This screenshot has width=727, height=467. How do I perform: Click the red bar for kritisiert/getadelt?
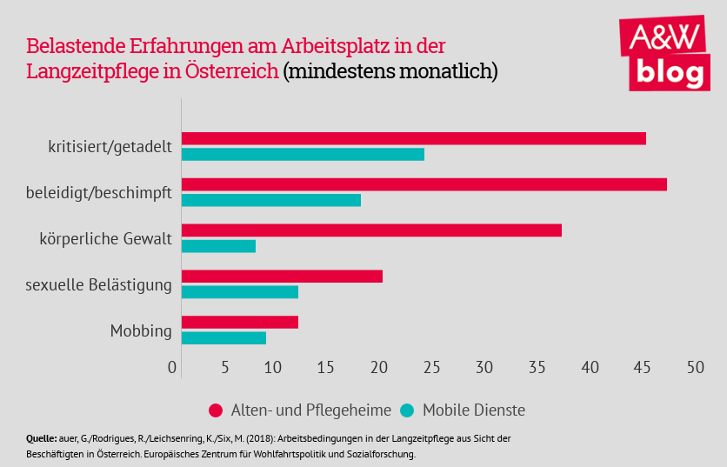click(x=414, y=138)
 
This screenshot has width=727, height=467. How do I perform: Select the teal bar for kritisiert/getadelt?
click(x=303, y=154)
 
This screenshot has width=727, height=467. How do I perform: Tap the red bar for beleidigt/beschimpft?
click(x=424, y=184)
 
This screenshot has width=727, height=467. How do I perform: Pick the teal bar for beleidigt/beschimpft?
click(x=271, y=200)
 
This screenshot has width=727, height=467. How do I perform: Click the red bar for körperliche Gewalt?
click(x=371, y=230)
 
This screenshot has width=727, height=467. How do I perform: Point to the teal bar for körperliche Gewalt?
click(x=218, y=246)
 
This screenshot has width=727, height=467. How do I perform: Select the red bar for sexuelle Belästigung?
click(x=282, y=277)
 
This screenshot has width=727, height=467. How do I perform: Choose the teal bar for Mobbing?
click(x=223, y=337)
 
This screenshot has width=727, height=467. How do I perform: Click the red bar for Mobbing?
click(x=240, y=322)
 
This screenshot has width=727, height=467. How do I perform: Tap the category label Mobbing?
click(x=141, y=330)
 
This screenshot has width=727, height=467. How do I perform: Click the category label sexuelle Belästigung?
click(x=98, y=284)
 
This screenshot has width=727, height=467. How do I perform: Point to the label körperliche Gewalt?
click(x=105, y=238)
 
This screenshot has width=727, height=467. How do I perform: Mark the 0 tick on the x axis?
click(x=173, y=368)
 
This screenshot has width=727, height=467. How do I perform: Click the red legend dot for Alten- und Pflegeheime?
click(x=214, y=410)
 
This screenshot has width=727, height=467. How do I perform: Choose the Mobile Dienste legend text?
click(x=473, y=410)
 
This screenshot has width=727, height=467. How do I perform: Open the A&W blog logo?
click(x=664, y=53)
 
